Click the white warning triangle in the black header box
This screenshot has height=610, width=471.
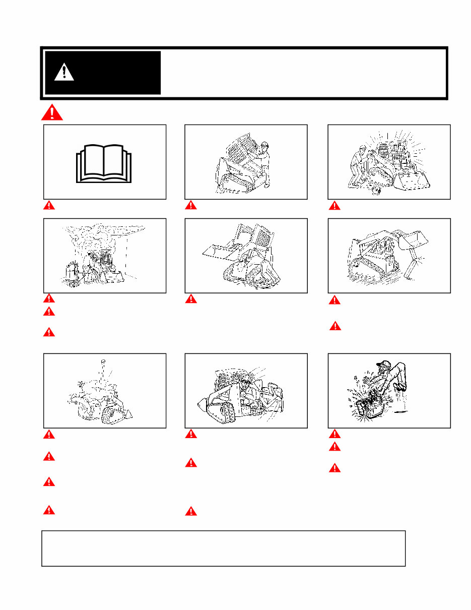[64, 73]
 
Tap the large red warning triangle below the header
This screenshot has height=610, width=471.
[52, 112]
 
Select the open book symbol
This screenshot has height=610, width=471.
[103, 163]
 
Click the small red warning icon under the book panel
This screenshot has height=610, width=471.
[48, 205]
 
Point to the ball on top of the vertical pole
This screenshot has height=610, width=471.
[102, 360]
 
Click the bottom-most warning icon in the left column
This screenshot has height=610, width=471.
[48, 510]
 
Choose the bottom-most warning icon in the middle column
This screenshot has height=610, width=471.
[190, 511]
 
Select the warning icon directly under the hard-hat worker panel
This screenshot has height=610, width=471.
[190, 205]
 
